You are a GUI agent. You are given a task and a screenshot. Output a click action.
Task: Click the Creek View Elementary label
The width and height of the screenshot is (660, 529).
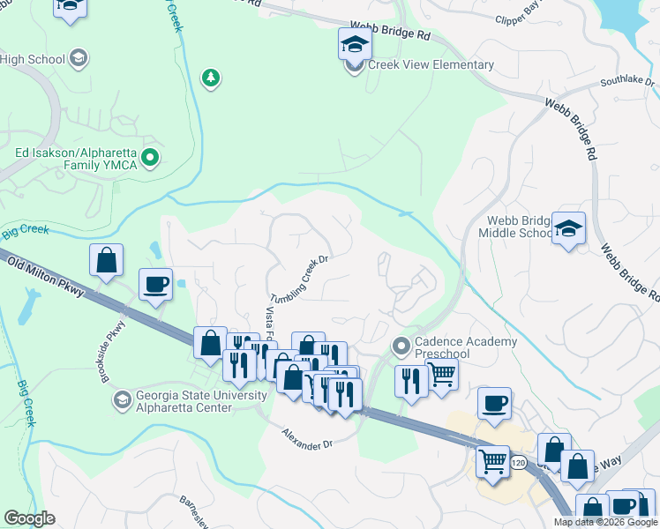point(431,65)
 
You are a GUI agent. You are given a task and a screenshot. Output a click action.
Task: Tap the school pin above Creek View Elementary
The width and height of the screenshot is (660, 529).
point(355,43)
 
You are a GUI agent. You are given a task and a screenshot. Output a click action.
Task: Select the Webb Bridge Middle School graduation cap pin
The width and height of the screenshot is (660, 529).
point(568,227)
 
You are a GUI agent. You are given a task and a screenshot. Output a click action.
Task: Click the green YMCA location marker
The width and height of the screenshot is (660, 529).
point(151,159)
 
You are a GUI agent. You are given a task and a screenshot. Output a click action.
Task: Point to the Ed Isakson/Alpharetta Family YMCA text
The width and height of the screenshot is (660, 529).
point(77,159)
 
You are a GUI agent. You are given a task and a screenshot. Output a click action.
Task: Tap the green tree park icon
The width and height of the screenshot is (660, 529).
point(210,78)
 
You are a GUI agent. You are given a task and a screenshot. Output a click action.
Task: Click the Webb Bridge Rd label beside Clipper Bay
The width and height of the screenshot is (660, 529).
point(390,33)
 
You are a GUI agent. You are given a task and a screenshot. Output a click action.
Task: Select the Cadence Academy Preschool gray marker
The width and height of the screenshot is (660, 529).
point(401,345)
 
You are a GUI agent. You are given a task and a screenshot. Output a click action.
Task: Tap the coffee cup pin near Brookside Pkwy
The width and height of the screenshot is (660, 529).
point(156,285)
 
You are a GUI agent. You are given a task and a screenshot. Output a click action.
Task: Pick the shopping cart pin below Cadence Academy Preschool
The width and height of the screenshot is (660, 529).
point(441,373)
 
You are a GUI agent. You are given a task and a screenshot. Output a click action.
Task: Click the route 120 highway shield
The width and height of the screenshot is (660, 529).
point(518,462)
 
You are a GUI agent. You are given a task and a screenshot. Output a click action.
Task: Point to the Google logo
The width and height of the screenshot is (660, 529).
point(30,518)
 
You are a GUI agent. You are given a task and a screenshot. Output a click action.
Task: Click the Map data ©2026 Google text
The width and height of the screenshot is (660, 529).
point(605,522)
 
